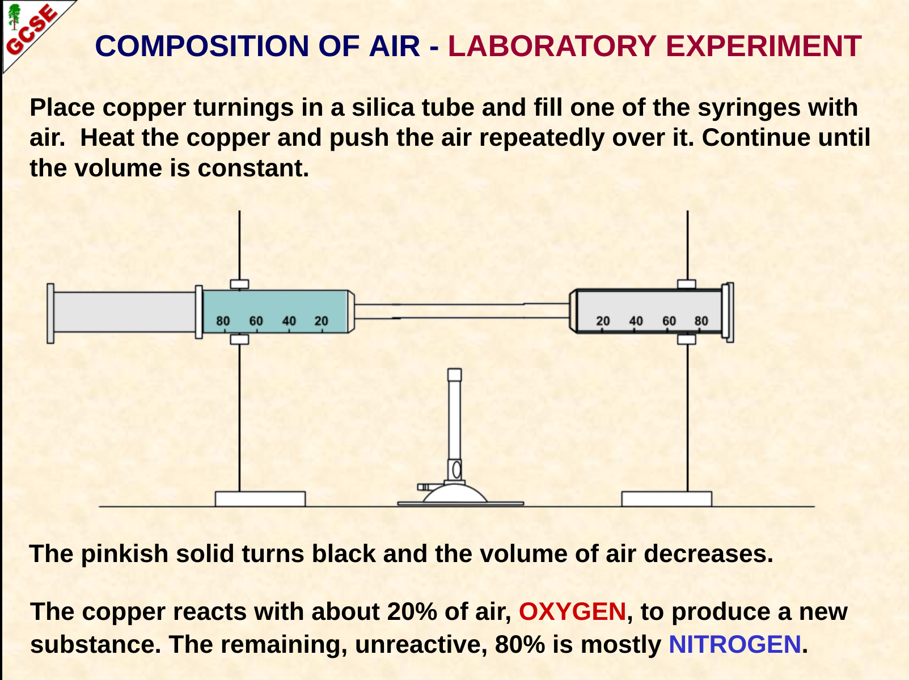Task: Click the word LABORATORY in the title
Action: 552,46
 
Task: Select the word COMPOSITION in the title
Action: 202,46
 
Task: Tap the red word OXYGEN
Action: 572,612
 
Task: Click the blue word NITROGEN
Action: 735,644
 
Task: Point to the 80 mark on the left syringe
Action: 223,321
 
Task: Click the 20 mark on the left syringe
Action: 321,321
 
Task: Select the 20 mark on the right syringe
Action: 603,321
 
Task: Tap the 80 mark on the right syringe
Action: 701,321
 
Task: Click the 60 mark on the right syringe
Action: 669,321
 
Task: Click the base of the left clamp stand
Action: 260,499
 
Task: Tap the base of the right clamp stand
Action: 667,499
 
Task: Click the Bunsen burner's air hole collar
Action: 455,470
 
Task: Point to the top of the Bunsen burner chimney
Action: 454,375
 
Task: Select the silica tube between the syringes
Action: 462,311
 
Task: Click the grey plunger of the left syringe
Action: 124,312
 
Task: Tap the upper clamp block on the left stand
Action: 239,284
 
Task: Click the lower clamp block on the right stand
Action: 687,340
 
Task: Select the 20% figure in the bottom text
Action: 412,612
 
